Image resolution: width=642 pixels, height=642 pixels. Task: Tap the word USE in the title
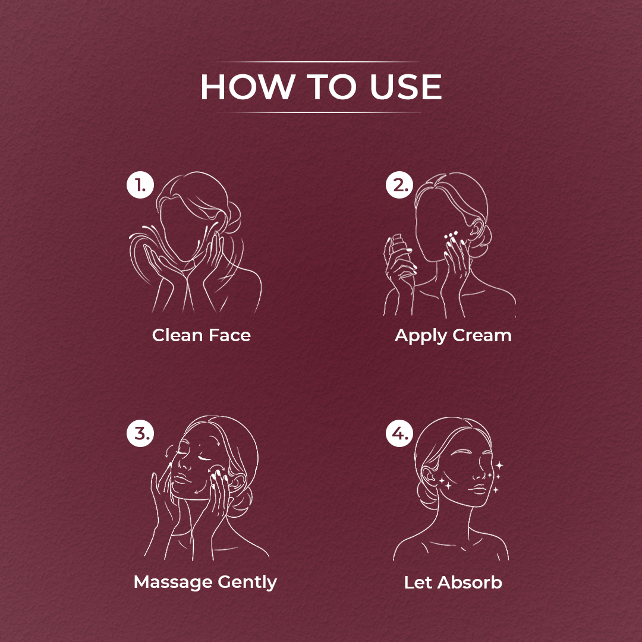tap(405, 87)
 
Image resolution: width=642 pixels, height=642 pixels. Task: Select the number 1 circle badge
tap(140, 185)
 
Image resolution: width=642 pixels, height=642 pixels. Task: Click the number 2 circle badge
tap(399, 185)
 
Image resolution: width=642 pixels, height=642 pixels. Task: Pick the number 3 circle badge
tap(140, 433)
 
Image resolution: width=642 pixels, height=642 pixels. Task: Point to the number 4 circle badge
tap(399, 433)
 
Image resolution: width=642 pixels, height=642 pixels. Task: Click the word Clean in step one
tap(178, 335)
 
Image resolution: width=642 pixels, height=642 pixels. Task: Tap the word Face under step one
tap(229, 335)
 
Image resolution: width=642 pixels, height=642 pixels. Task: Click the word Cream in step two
tap(482, 335)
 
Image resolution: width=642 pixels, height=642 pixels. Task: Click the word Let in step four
tap(418, 583)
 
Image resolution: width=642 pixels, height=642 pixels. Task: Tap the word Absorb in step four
tap(470, 583)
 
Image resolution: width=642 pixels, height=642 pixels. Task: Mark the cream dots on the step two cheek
tap(451, 235)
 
